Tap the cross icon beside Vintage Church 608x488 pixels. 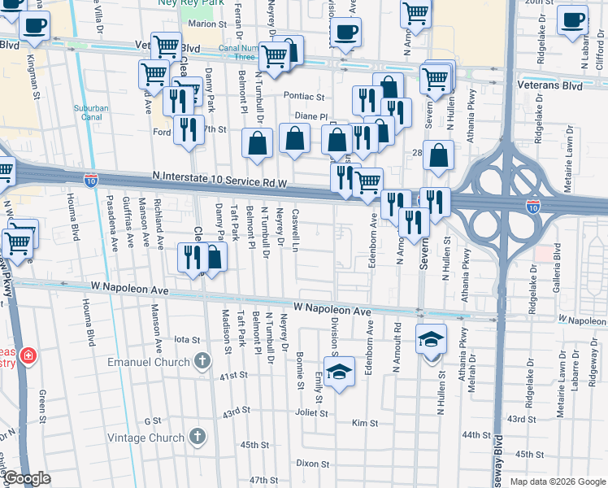click(196, 438)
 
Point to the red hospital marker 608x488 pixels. click(28, 356)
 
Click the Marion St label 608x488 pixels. click(206, 24)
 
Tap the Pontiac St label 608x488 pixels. click(303, 95)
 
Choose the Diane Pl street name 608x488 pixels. click(310, 116)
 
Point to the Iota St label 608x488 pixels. click(187, 340)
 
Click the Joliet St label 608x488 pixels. click(311, 412)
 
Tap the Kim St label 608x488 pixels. click(365, 423)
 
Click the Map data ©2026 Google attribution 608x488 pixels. click(558, 481)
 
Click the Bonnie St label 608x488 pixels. click(300, 359)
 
